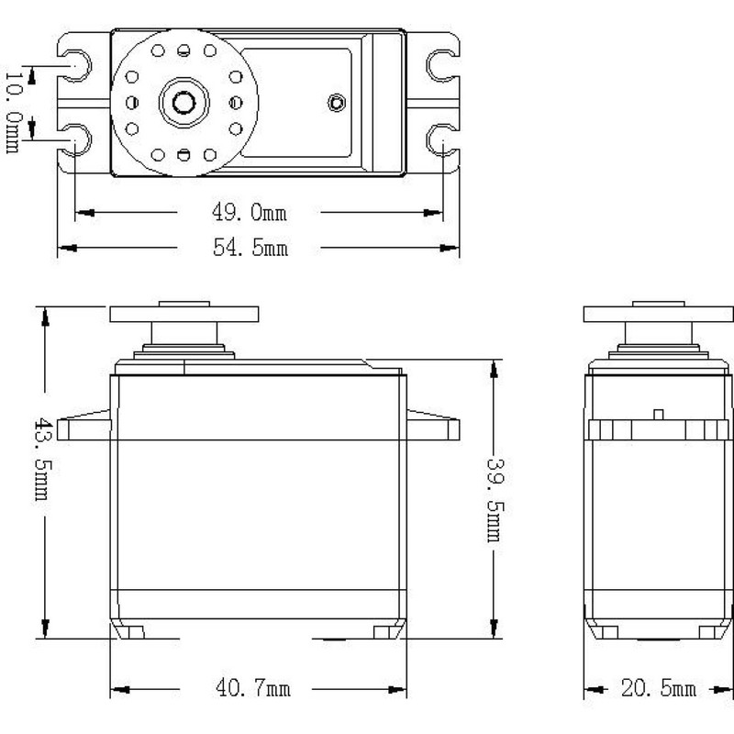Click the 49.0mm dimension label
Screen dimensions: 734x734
pyautogui.click(x=250, y=214)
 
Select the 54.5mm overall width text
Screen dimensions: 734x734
pyautogui.click(x=250, y=248)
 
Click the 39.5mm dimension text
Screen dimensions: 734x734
pyautogui.click(x=496, y=496)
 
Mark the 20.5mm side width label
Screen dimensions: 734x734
pyautogui.click(x=658, y=689)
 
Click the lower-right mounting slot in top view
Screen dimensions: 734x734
pyautogui.click(x=441, y=139)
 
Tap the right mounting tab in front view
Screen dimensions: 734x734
pyautogui.click(x=431, y=426)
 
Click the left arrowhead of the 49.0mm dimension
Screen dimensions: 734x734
pyautogui.click(x=82, y=214)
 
